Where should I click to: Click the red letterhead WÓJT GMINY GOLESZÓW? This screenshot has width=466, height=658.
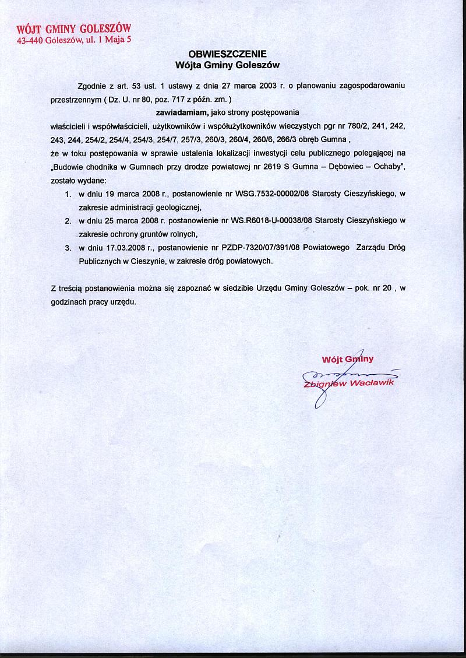(74, 29)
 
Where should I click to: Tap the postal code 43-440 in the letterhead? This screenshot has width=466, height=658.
(30, 41)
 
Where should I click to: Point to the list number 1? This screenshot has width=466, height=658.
(68, 193)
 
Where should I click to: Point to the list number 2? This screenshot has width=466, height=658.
(68, 221)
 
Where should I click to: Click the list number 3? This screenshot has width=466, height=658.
(68, 248)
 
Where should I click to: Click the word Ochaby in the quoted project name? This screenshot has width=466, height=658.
(390, 167)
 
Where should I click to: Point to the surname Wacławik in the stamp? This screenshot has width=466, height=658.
(373, 385)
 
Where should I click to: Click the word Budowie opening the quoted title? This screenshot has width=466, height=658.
(72, 167)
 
